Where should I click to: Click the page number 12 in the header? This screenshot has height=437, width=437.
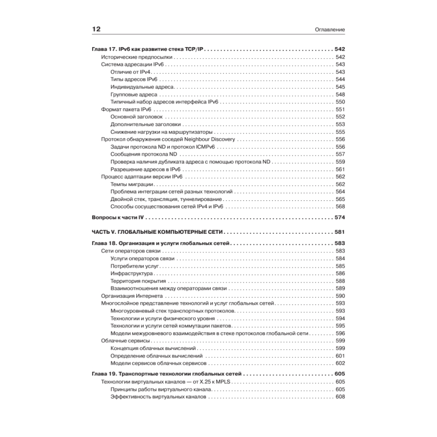click(96, 29)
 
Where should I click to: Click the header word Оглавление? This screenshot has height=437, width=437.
click(330, 30)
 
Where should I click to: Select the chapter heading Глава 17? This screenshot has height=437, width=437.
click(149, 49)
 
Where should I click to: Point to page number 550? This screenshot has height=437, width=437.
click(340, 102)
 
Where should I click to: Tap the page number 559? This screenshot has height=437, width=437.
click(340, 162)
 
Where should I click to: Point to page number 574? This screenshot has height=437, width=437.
click(340, 218)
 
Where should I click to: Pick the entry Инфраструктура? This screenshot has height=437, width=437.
click(131, 273)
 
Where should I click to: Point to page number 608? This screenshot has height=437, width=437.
click(340, 397)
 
